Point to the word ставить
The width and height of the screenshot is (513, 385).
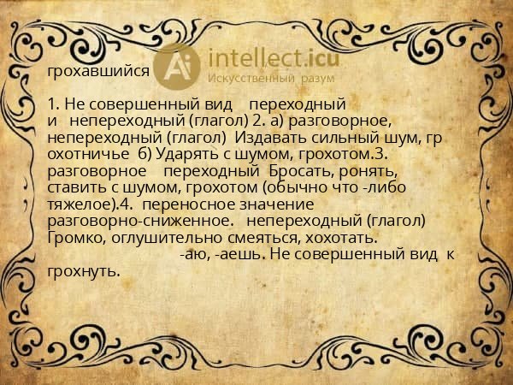75,187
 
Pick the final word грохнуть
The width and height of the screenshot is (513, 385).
83,271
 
